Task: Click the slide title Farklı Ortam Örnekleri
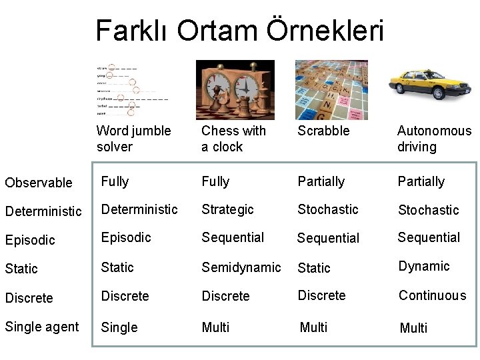click(239, 31)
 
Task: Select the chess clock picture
click(235, 89)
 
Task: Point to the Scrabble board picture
click(331, 89)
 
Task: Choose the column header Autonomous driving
click(433, 139)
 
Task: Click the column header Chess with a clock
click(233, 139)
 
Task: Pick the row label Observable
click(39, 183)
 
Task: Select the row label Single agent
click(41, 327)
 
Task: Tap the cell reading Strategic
click(227, 209)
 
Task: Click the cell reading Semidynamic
click(241, 267)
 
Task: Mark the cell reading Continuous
click(432, 295)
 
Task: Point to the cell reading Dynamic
click(424, 267)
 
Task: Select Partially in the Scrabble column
click(321, 181)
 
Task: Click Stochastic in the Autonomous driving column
click(428, 210)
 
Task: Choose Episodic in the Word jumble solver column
click(126, 237)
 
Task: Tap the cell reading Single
click(119, 327)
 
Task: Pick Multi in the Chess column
click(215, 327)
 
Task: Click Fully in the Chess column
click(215, 181)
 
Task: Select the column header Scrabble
click(323, 131)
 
